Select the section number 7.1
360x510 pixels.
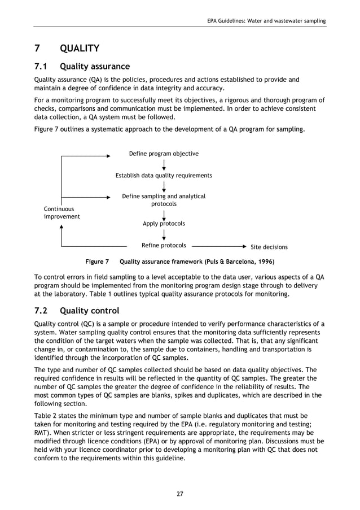click(43, 67)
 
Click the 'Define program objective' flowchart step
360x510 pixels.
click(164, 154)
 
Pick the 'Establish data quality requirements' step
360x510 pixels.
click(164, 176)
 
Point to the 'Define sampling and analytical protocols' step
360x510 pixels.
click(164, 200)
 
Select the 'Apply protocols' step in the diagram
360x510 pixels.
click(164, 224)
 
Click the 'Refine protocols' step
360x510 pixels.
click(164, 246)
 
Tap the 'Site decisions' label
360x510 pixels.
click(269, 247)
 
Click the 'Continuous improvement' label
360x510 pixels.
click(62, 213)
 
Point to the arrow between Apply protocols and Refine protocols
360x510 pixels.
click(164, 234)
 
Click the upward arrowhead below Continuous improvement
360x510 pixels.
click(61, 226)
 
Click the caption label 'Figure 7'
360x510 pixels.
click(96, 262)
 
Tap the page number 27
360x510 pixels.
click(179, 494)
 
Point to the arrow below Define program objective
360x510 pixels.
click(164, 165)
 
